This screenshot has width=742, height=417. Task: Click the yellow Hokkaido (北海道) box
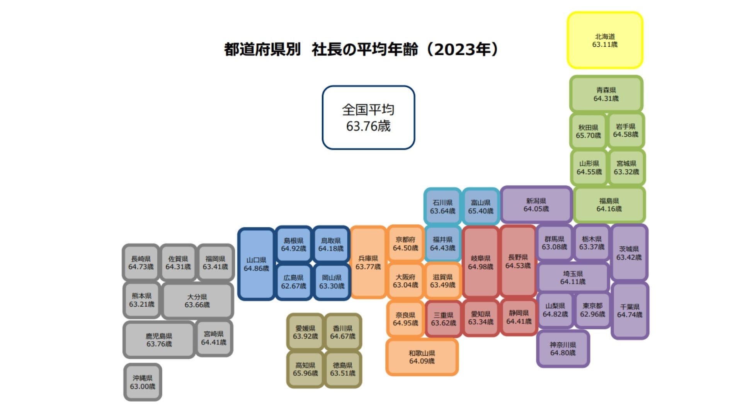(x=605, y=40)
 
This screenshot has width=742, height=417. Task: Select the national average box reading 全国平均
(x=368, y=117)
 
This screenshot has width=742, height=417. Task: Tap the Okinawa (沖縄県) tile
(x=143, y=382)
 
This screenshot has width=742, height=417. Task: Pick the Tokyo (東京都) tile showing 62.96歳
(x=592, y=310)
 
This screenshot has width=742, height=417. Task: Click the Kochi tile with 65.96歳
(x=305, y=369)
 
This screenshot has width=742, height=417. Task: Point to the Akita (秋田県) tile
(x=588, y=131)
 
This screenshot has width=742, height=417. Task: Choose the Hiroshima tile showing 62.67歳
(x=293, y=282)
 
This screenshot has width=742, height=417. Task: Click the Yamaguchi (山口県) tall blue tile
(x=256, y=264)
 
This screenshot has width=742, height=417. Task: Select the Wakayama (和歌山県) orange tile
(x=422, y=357)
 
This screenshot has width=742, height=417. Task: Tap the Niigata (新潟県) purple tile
(x=536, y=205)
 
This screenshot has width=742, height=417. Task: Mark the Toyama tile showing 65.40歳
(x=481, y=207)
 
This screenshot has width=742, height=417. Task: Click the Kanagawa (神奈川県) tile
(x=563, y=349)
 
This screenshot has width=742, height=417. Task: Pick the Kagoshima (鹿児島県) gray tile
(x=159, y=340)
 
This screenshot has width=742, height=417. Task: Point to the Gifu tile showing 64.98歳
(x=480, y=262)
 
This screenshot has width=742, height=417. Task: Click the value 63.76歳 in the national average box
(x=368, y=126)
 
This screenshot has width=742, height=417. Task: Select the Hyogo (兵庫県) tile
(x=368, y=262)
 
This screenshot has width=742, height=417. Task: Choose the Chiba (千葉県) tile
(x=630, y=311)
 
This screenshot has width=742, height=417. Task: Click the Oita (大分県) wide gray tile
(x=197, y=301)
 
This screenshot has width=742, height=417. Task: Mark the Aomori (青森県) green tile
(x=606, y=94)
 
